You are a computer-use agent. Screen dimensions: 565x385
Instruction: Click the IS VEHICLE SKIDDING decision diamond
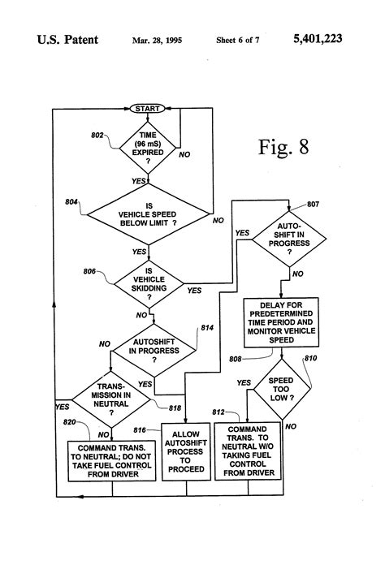pyautogui.click(x=148, y=285)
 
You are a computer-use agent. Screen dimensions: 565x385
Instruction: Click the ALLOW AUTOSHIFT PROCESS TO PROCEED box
pyautogui.click(x=186, y=452)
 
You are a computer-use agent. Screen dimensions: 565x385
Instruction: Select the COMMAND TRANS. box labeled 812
pyautogui.click(x=249, y=451)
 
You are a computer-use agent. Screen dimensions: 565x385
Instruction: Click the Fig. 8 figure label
pyautogui.click(x=283, y=147)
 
